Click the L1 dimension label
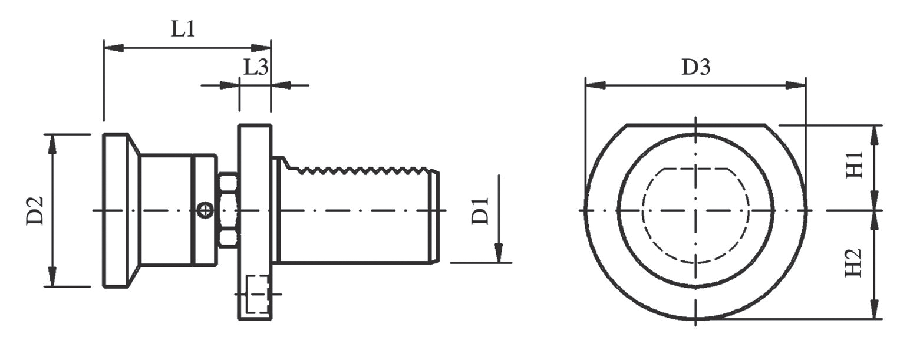[182, 29]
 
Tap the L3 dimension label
[256, 67]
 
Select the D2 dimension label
[35, 210]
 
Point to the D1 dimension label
[480, 211]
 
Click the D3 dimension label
[696, 67]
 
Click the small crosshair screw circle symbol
[205, 210]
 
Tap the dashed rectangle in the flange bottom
[258, 294]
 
